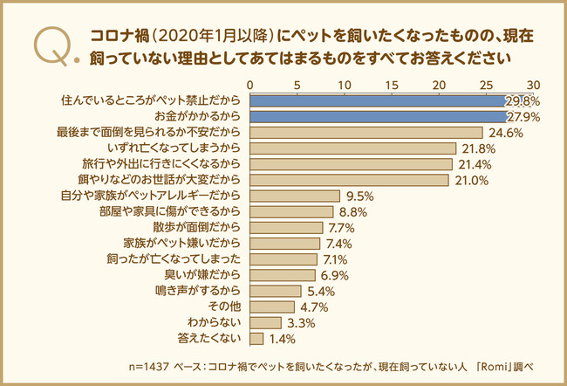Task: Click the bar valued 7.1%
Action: click(283, 259)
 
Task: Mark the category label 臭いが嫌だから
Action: click(207, 275)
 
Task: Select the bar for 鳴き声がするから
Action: click(276, 291)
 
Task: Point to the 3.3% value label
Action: click(301, 323)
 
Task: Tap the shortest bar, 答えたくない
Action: click(257, 338)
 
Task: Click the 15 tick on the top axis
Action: click(392, 84)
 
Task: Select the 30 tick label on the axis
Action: click(533, 84)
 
